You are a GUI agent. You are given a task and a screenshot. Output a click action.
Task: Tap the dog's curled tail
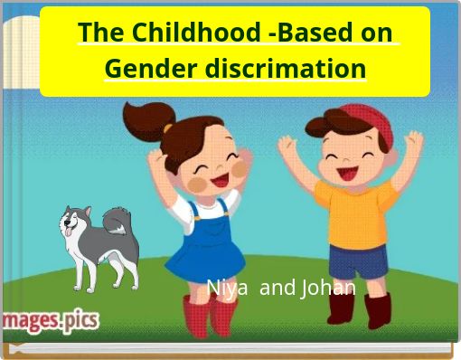118,221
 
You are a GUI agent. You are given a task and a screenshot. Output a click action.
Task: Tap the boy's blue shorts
358,262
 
